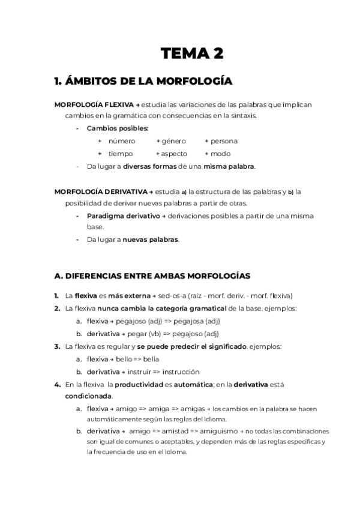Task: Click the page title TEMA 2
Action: click(x=192, y=54)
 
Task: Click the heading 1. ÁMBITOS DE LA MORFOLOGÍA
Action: click(x=143, y=80)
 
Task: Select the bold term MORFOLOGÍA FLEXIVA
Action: click(x=94, y=104)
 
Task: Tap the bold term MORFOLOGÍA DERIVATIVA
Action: click(x=100, y=192)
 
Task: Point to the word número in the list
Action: click(x=122, y=141)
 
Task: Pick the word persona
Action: click(x=224, y=141)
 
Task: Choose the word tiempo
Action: click(x=121, y=154)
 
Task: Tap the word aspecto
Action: click(x=174, y=154)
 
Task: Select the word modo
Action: click(x=221, y=154)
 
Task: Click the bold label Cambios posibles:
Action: click(x=118, y=128)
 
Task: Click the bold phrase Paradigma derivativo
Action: click(x=123, y=215)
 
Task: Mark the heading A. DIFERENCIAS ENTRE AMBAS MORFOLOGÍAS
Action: click(x=152, y=276)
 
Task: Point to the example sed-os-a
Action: click(x=173, y=296)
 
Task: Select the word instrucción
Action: click(x=179, y=372)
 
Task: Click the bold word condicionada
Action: click(x=88, y=396)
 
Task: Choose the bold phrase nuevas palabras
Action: click(x=151, y=239)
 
